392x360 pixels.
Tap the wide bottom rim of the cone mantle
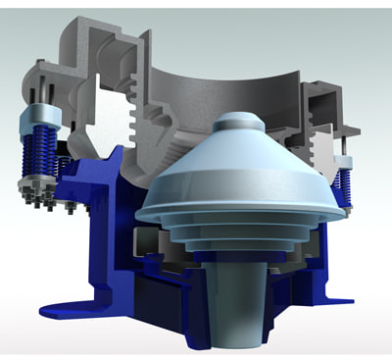[240, 208]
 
